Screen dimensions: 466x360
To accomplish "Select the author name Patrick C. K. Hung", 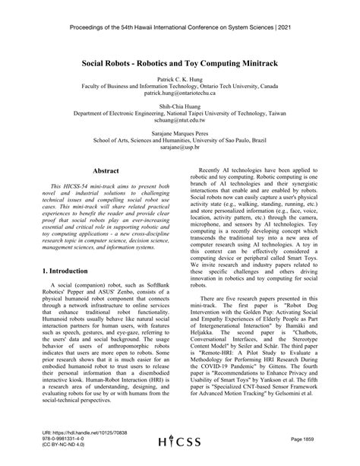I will coord(179,78).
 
